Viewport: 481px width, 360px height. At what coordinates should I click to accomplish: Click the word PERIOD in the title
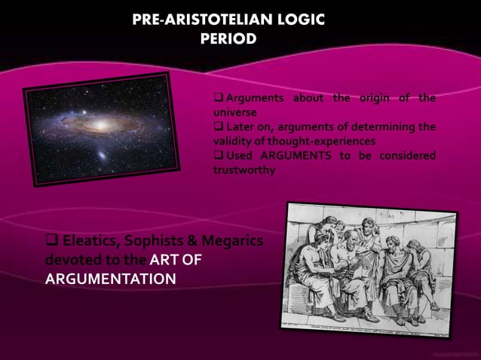click(x=228, y=37)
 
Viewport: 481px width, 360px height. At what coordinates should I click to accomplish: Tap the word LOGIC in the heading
click(x=299, y=20)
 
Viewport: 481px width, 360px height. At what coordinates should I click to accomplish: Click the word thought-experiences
click(x=322, y=141)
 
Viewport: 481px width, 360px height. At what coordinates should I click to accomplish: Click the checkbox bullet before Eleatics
click(x=52, y=242)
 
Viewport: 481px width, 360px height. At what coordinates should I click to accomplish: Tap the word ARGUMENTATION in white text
click(x=110, y=279)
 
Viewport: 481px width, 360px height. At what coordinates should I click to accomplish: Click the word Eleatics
click(x=93, y=242)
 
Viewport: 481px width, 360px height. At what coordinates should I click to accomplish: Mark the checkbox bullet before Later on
click(x=219, y=127)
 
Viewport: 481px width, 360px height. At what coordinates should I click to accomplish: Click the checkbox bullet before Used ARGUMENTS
click(x=219, y=155)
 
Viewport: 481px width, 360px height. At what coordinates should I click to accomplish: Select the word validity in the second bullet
click(x=230, y=141)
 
